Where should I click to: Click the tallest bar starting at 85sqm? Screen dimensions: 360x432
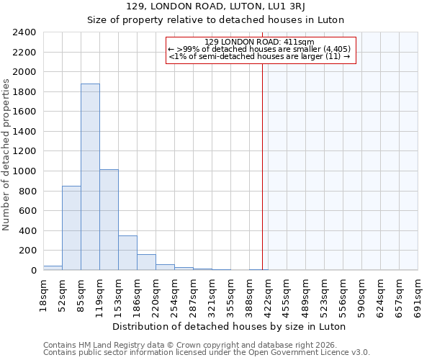point(90,177)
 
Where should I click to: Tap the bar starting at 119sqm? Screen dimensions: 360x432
point(109,220)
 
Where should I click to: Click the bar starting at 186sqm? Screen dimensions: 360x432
point(146,262)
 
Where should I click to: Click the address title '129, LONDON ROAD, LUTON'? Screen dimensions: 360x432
point(216,7)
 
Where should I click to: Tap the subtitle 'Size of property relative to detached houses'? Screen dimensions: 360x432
point(216,19)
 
